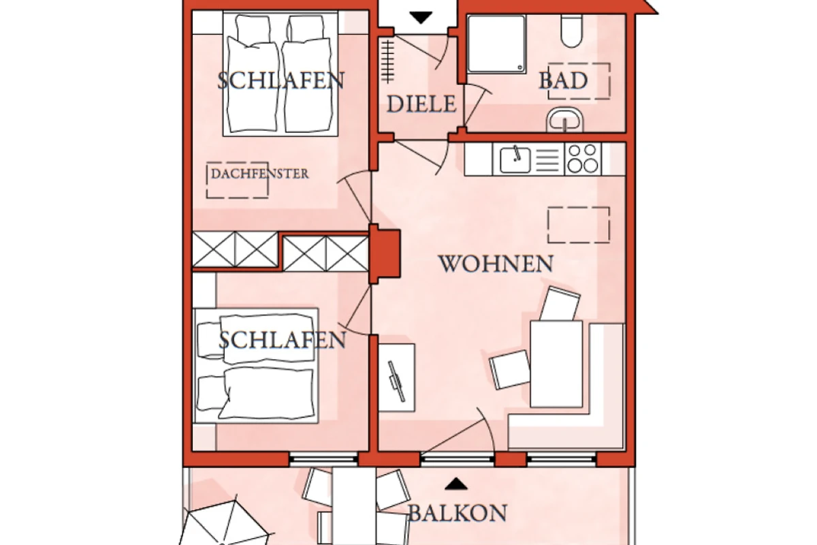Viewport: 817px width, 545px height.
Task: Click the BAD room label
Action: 563,80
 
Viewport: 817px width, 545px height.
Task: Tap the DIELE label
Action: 421,104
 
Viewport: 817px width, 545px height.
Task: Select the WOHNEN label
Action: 496,264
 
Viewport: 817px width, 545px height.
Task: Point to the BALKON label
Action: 458,513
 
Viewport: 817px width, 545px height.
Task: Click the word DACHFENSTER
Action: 259,174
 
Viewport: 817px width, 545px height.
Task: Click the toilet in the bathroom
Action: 571,31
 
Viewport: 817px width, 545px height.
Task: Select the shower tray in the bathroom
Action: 497,44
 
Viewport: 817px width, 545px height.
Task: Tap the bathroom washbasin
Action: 565,120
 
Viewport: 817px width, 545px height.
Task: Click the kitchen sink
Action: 515,160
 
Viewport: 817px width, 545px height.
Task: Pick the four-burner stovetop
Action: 583,159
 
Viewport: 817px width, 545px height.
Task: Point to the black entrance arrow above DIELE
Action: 421,18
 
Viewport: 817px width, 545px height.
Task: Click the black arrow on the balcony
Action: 456,484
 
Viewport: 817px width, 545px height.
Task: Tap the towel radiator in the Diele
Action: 387,61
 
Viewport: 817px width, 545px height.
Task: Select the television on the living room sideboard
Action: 396,381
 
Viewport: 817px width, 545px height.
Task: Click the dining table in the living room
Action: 556,364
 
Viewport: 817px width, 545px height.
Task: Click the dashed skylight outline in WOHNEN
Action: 579,225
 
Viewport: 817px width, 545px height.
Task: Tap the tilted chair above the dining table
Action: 560,304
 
